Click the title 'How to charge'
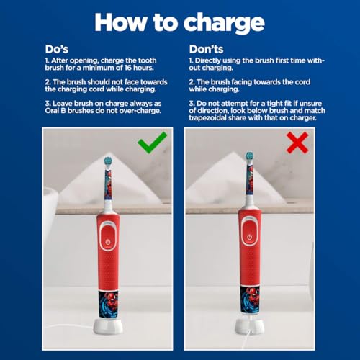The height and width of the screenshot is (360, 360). click(180, 22)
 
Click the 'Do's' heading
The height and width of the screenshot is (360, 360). click(57, 50)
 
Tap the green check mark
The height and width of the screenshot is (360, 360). click(152, 143)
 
